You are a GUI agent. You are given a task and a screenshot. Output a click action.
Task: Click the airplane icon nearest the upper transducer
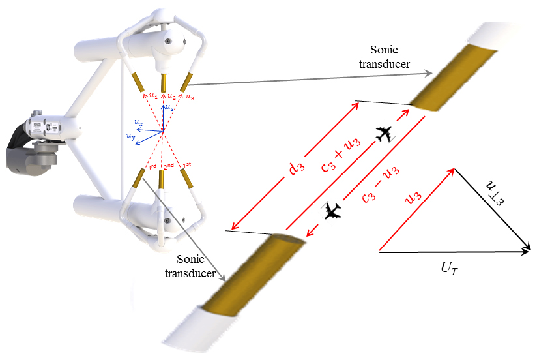pos(386,134)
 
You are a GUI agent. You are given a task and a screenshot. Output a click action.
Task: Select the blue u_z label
pos(169,106)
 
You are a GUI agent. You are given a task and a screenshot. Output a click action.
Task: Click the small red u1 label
pos(152,96)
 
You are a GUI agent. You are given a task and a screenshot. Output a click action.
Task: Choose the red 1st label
pos(188,164)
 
